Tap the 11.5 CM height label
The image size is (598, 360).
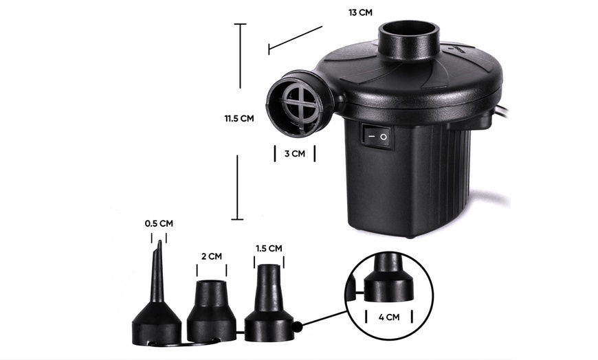[x=239, y=118]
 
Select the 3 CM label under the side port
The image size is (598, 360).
[x=294, y=154]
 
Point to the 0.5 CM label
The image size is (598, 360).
[x=159, y=223]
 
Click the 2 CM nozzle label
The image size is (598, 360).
[x=211, y=256]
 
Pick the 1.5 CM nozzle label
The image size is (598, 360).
[x=268, y=248]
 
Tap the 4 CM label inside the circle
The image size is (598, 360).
[x=388, y=318]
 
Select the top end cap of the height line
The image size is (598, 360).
[x=239, y=25]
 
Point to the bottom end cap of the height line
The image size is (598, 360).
[x=237, y=219]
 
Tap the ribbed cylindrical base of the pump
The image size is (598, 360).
[x=412, y=179]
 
